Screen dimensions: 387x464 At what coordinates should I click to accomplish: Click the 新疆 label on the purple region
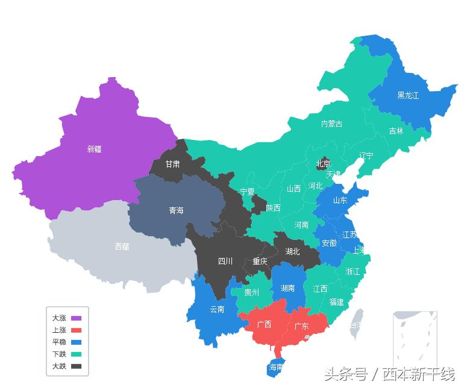(95, 149)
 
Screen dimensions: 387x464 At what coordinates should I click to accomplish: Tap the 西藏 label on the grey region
(122, 247)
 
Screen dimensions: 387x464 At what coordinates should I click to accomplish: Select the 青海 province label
(176, 211)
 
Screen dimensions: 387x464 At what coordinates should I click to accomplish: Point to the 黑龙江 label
(408, 95)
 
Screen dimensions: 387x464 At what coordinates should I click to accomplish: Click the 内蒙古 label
(331, 124)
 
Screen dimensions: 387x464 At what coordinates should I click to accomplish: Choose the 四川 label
(225, 261)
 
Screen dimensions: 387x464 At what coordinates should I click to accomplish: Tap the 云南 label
(217, 309)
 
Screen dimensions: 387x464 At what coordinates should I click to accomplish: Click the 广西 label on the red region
(264, 324)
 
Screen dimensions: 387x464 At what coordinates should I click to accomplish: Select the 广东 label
(301, 326)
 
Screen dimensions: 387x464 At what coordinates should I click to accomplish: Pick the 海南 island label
(276, 367)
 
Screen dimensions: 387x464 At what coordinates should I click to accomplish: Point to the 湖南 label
(288, 289)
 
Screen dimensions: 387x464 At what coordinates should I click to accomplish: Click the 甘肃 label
(172, 164)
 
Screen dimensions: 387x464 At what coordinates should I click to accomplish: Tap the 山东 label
(340, 201)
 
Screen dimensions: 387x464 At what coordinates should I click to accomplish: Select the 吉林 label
(396, 131)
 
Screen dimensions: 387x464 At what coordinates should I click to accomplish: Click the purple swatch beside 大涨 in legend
(76, 318)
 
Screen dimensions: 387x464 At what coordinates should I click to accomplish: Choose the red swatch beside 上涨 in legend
(76, 330)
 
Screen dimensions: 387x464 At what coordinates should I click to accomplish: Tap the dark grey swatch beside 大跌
(76, 366)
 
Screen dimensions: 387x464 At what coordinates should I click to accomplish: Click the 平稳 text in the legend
(59, 342)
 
